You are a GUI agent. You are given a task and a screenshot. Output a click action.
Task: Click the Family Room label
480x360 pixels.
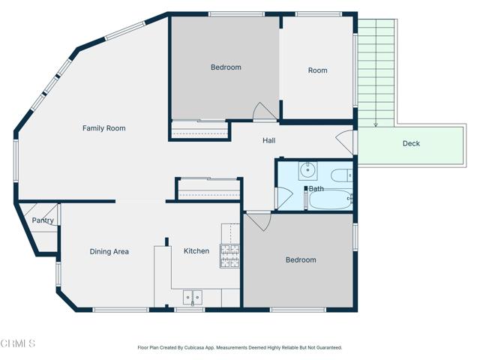pyautogui.click(x=103, y=128)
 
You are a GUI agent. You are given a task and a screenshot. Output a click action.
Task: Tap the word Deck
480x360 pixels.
pyautogui.click(x=411, y=143)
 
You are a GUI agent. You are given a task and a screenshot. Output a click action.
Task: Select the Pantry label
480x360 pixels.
pyautogui.click(x=42, y=220)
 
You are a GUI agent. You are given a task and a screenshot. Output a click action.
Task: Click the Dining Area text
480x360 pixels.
pyautogui.click(x=109, y=251)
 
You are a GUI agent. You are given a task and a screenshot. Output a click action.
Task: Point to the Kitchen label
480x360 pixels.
pyautogui.click(x=196, y=250)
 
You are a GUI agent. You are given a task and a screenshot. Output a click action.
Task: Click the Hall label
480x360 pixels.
pyautogui.click(x=268, y=140)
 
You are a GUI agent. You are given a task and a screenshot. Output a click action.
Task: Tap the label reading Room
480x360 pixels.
pyautogui.click(x=317, y=70)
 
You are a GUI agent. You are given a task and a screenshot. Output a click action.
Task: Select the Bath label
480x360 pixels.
pyautogui.click(x=316, y=188)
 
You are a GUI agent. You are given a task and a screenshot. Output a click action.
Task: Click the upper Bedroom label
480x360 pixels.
pyautogui.click(x=226, y=67)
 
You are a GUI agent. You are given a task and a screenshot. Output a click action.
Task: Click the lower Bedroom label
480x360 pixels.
pyautogui.click(x=301, y=259)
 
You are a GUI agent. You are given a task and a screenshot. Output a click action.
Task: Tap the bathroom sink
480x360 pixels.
pyautogui.click(x=307, y=170)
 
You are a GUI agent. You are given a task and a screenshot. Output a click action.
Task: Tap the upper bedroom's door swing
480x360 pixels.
pyautogui.click(x=264, y=112)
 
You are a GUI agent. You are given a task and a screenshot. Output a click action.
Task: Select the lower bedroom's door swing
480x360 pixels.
pyautogui.click(x=256, y=221)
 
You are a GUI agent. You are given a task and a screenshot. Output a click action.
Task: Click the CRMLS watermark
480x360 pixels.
pyautogui.click(x=19, y=343)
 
